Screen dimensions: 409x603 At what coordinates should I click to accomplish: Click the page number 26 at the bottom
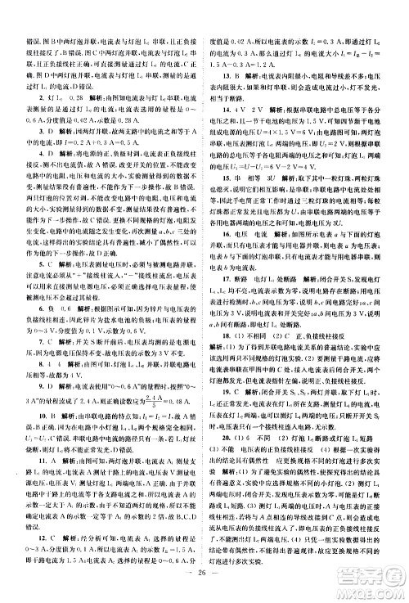[204, 586]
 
